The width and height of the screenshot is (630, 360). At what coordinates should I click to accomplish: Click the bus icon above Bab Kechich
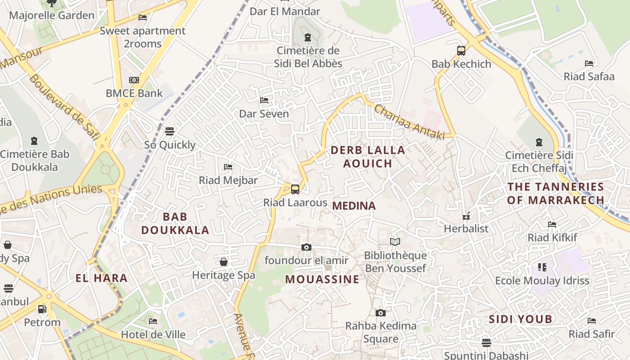point(461,51)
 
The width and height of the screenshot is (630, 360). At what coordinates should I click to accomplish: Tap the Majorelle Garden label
point(52,15)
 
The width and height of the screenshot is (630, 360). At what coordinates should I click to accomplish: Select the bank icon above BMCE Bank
point(134,80)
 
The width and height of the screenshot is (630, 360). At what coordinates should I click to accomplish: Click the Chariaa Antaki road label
point(409,122)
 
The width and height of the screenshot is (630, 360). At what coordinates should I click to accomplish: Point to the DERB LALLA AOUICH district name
point(368,157)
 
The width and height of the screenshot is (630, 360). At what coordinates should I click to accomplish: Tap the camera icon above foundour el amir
point(306,247)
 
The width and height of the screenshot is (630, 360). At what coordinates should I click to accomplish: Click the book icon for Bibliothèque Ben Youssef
point(395,242)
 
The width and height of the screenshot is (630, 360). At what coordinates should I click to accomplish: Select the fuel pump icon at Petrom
point(42,309)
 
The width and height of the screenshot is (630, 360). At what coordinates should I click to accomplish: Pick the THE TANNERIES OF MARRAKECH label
point(556,193)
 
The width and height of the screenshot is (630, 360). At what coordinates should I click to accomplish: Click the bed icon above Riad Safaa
point(589,63)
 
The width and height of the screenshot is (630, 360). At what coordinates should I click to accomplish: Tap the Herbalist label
point(466,229)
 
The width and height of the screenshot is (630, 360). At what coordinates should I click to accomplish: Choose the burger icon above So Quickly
point(170,131)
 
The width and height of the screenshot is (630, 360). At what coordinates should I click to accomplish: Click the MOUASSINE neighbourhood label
point(322,279)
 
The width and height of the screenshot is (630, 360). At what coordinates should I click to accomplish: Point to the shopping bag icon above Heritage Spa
point(224,262)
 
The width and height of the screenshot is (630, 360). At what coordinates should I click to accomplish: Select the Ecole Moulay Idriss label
point(542,281)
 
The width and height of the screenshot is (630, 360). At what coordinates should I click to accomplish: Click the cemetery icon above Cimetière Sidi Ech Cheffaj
point(539,143)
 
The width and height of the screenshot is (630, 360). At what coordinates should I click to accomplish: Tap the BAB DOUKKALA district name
point(175,223)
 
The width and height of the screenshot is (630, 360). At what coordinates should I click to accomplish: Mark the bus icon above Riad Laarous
point(295,189)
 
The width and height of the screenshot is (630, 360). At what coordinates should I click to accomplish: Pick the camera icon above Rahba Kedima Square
point(381,313)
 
